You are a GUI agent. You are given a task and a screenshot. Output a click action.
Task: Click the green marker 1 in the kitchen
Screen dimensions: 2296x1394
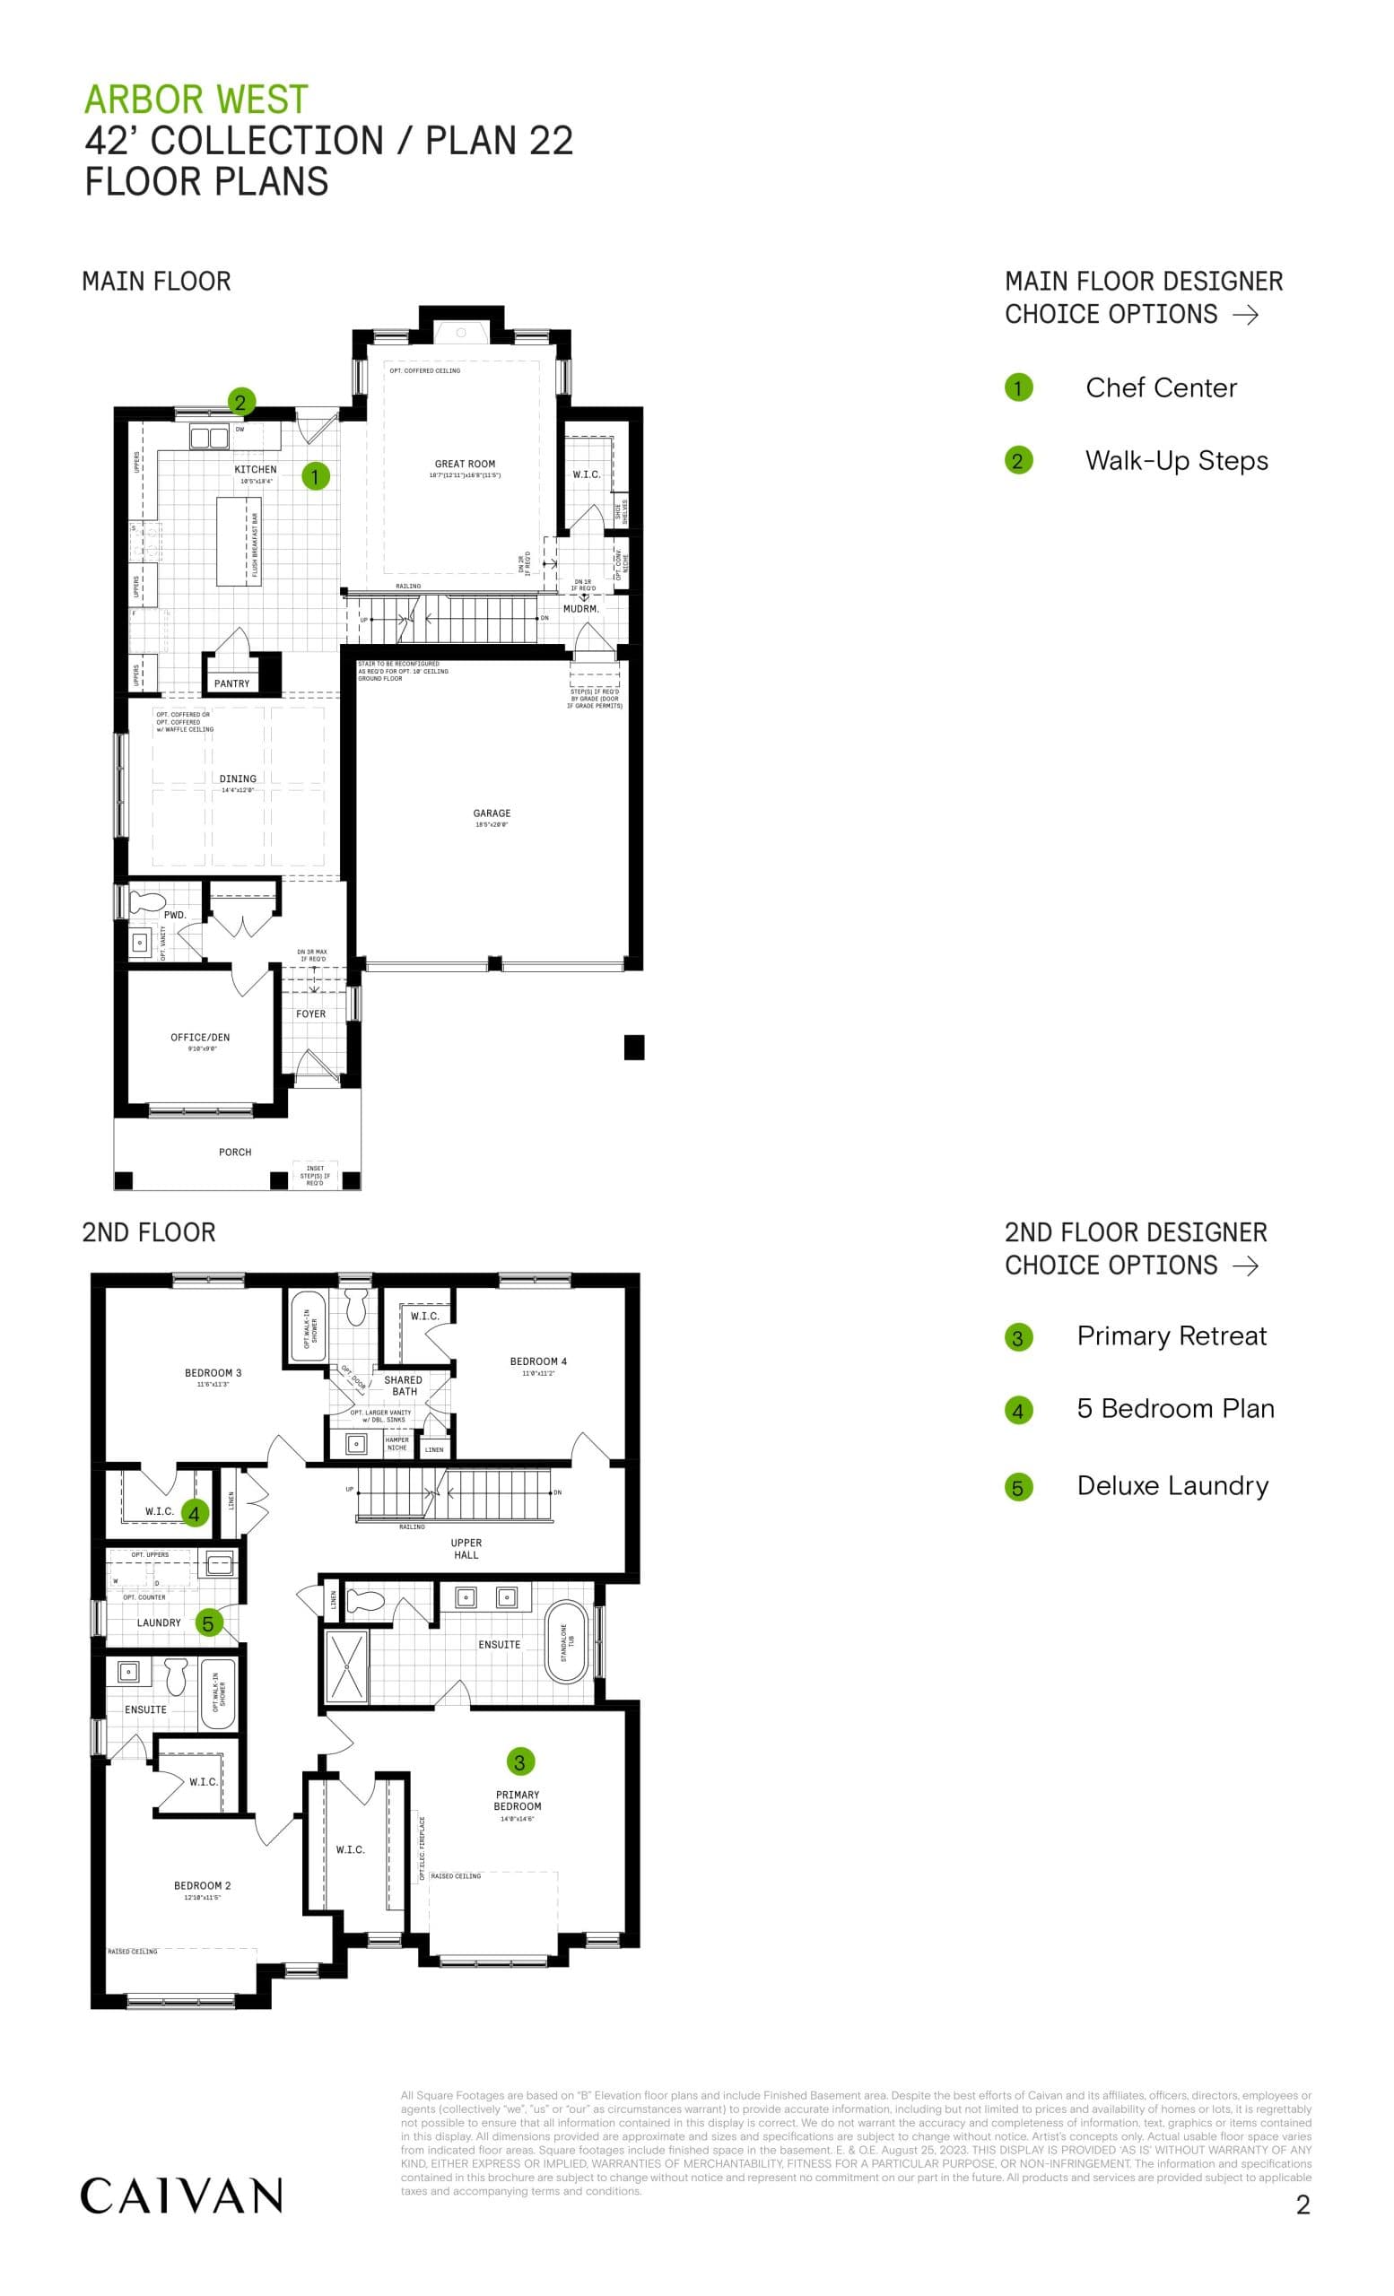pyautogui.click(x=315, y=476)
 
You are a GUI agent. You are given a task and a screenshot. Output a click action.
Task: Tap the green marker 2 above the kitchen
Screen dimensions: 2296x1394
pyautogui.click(x=240, y=402)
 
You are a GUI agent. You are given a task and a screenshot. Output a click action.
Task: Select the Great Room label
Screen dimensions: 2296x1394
pyautogui.click(x=465, y=464)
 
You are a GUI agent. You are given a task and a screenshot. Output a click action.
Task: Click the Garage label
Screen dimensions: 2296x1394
pyautogui.click(x=492, y=813)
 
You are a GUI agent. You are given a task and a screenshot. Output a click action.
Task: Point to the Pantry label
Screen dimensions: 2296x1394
pyautogui.click(x=232, y=684)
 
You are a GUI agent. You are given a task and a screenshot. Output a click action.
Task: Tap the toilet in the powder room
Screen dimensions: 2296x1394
pyautogui.click(x=147, y=902)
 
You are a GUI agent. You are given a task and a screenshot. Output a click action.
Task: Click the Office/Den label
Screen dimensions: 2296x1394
pyautogui.click(x=200, y=1037)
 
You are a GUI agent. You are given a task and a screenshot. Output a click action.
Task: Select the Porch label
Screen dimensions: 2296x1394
pyautogui.click(x=235, y=1152)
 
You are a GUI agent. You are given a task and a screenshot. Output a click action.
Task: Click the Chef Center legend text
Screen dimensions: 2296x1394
pyautogui.click(x=1161, y=387)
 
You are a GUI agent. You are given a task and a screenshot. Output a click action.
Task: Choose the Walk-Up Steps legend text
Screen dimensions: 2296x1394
pyautogui.click(x=1176, y=460)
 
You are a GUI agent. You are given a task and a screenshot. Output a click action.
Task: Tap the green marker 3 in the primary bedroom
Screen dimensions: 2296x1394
pyautogui.click(x=520, y=1761)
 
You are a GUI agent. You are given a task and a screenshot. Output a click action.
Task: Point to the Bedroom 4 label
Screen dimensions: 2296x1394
pyautogui.click(x=538, y=1361)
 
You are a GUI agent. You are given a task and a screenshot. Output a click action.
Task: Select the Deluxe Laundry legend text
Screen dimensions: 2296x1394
pyautogui.click(x=1172, y=1485)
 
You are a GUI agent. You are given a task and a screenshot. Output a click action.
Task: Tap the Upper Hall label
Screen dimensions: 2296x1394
pyautogui.click(x=466, y=1548)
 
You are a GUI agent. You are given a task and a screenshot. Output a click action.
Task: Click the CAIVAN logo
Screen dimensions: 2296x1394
pyautogui.click(x=181, y=2196)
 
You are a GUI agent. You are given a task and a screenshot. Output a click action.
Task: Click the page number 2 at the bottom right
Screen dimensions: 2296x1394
pyautogui.click(x=1303, y=2205)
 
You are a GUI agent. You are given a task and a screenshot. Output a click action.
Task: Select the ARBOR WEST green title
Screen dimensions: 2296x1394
pyautogui.click(x=196, y=100)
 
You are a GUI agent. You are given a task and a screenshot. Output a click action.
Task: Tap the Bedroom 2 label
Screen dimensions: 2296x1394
pyautogui.click(x=202, y=1885)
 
